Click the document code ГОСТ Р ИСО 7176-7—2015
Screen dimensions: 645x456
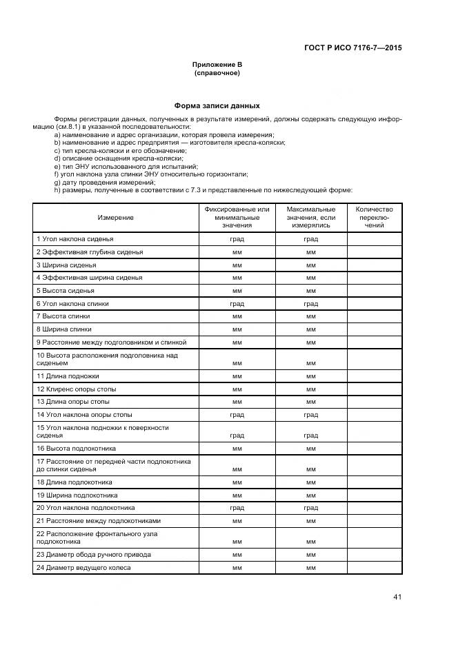(353, 48)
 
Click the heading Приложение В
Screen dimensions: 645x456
(217, 64)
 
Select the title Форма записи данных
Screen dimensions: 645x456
(217, 106)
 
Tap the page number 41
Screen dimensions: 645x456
(397, 597)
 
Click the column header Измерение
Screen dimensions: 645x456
(115, 217)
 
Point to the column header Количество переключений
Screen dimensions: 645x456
(374, 217)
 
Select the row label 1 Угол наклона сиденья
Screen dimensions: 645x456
(75, 239)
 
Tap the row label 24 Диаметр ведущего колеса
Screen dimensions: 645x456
(83, 568)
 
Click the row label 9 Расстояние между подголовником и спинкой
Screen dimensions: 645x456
(111, 342)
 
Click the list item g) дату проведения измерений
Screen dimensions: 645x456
(104, 182)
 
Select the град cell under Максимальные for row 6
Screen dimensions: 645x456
(310, 303)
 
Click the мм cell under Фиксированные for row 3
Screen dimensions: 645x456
(237, 265)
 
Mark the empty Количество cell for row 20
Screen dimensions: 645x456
(374, 508)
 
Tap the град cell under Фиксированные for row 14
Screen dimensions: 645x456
(237, 415)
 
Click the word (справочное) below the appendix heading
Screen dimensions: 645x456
(217, 72)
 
